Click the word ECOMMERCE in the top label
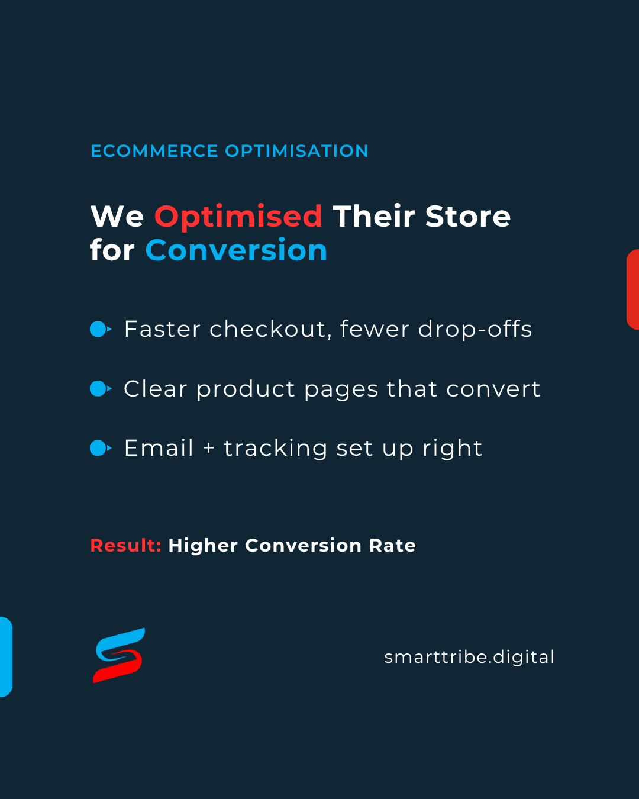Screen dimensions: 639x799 click(154, 151)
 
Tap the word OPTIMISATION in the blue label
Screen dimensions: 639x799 click(296, 151)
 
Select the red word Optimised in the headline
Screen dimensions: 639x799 click(238, 218)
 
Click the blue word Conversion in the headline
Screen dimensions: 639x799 click(236, 250)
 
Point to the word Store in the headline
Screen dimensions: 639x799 click(468, 216)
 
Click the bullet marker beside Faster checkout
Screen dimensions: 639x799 click(101, 329)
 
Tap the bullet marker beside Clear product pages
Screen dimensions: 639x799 click(101, 388)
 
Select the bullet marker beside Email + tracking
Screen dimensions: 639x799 click(101, 448)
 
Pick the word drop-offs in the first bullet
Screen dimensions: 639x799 click(475, 330)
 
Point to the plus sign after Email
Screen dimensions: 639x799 click(209, 448)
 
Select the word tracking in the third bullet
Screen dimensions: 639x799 click(276, 449)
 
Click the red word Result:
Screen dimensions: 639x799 click(126, 546)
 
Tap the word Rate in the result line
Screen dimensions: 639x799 click(392, 546)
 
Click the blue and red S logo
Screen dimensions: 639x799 click(119, 655)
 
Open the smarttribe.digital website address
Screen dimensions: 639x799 click(469, 657)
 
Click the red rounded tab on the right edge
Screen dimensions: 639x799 click(632, 289)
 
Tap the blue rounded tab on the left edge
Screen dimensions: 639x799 click(7, 657)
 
